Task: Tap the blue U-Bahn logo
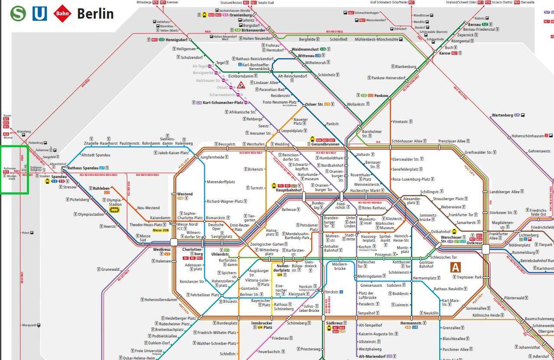pyautogui.click(x=39, y=13)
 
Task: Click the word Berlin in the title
pyautogui.click(x=95, y=13)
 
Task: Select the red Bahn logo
pyautogui.click(x=62, y=13)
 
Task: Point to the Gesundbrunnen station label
pyautogui.click(x=325, y=144)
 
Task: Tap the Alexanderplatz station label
pyautogui.click(x=412, y=201)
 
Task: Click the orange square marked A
pyautogui.click(x=455, y=267)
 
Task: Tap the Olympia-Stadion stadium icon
pyautogui.click(x=114, y=211)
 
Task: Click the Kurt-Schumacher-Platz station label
pyautogui.click(x=223, y=103)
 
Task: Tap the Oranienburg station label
pyautogui.click(x=241, y=15)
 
